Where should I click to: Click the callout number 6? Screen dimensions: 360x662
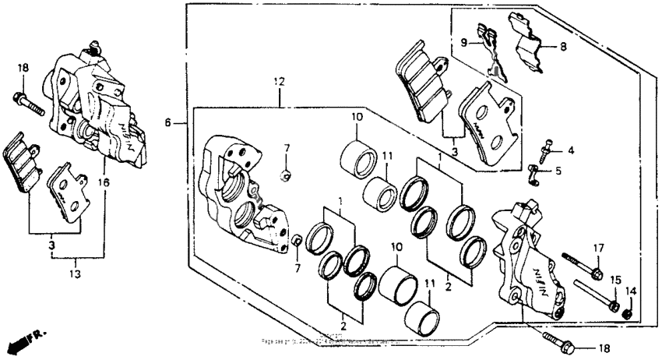click(167, 123)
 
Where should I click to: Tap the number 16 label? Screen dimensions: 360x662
click(104, 182)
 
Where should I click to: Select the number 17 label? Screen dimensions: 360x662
click(598, 248)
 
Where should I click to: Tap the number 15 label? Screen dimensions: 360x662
click(615, 279)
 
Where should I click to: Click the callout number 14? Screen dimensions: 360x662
click(632, 291)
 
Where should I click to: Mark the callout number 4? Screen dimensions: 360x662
click(571, 150)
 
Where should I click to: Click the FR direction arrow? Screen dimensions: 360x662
click(23, 340)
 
